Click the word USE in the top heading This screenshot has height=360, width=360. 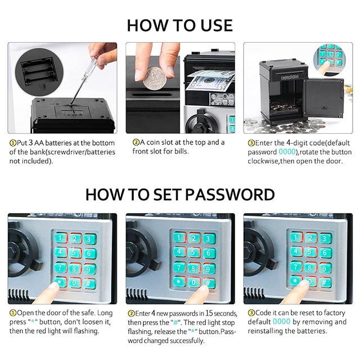[x=217, y=25]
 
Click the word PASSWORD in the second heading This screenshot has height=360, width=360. [x=230, y=195]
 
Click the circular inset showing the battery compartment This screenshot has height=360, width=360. [x=39, y=70]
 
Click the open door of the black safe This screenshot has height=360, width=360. [x=323, y=97]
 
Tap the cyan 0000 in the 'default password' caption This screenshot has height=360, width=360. [x=287, y=152]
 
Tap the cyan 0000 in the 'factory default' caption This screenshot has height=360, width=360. [x=281, y=322]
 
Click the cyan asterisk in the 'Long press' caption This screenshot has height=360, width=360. [x=33, y=321]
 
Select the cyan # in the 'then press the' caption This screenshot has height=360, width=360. [x=175, y=322]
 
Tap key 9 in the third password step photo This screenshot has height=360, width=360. [x=325, y=268]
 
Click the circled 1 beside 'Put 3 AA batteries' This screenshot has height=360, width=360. [x=12, y=143]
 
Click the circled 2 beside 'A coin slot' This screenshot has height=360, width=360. [x=136, y=142]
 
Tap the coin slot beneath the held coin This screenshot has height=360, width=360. [x=152, y=94]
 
